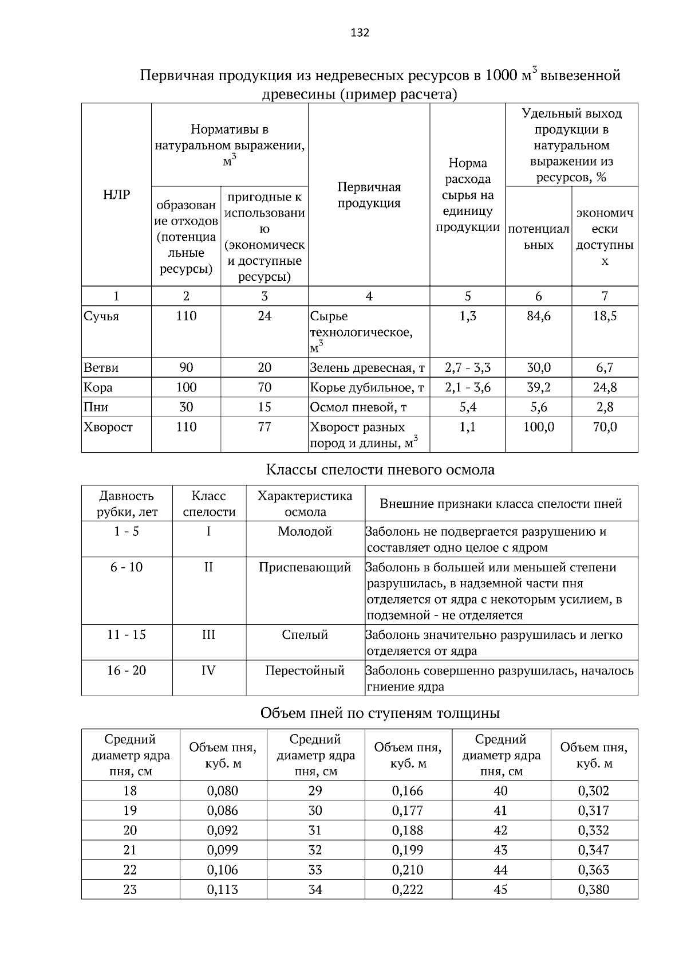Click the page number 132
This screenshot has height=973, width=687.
click(360, 33)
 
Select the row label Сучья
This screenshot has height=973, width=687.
click(101, 316)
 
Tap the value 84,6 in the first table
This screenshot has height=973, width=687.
click(538, 316)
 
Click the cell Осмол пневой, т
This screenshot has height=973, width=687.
click(358, 407)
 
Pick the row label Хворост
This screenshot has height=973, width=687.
click(108, 427)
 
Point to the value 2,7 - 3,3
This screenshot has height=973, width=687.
click(467, 368)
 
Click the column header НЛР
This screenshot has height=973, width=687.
click(116, 195)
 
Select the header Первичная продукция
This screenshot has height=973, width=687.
click(369, 195)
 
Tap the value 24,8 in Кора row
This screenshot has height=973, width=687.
click(605, 387)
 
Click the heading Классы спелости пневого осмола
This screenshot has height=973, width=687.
click(380, 470)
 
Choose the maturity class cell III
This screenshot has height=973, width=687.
click(208, 635)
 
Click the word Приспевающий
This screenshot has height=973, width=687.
click(305, 568)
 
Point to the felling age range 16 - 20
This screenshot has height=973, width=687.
click(127, 670)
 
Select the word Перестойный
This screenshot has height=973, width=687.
click(305, 670)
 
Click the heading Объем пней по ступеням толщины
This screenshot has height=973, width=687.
click(380, 713)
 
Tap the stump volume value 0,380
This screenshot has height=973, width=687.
click(594, 890)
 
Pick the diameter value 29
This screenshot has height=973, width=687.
click(315, 791)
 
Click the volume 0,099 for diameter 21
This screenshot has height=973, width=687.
click(222, 850)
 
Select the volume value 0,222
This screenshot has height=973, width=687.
click(408, 890)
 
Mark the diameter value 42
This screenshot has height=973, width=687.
click(500, 831)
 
